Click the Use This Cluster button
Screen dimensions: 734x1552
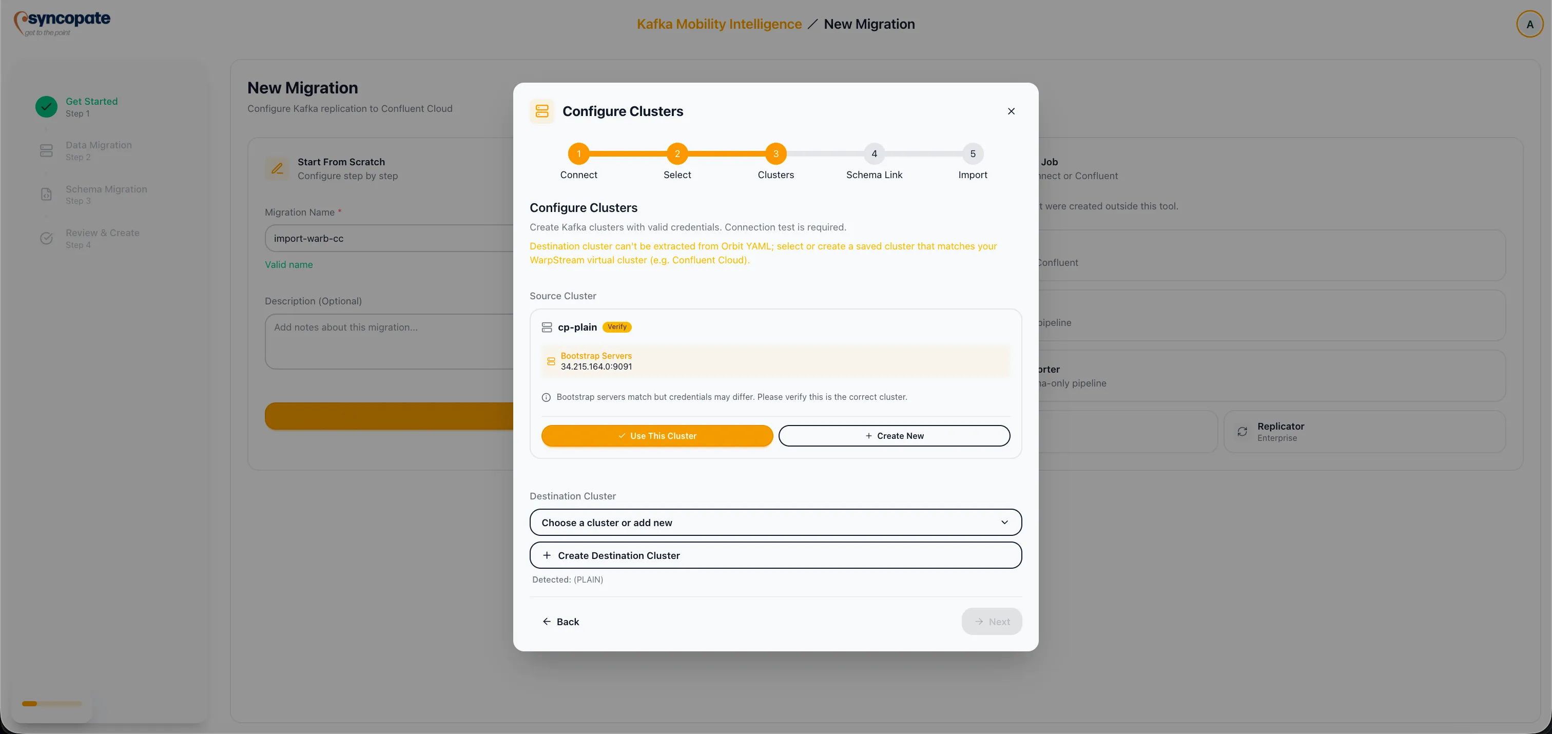pyautogui.click(x=657, y=436)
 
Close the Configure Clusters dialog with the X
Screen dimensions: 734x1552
pyautogui.click(x=1011, y=111)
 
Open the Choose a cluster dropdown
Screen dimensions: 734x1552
pyautogui.click(x=775, y=523)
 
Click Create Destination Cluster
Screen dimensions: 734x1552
pyautogui.click(x=775, y=555)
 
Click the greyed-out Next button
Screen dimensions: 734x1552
pyautogui.click(x=991, y=621)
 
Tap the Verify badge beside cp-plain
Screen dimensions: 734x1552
pyautogui.click(x=617, y=327)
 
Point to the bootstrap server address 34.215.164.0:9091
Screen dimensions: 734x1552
pyautogui.click(x=596, y=366)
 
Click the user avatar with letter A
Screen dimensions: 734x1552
pyautogui.click(x=1529, y=25)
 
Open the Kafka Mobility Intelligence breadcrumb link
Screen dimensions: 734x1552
pyautogui.click(x=720, y=24)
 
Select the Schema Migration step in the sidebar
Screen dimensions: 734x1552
pyautogui.click(x=106, y=194)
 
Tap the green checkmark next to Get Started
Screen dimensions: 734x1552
pyautogui.click(x=46, y=107)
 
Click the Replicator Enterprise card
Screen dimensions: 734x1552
pyautogui.click(x=1364, y=432)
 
